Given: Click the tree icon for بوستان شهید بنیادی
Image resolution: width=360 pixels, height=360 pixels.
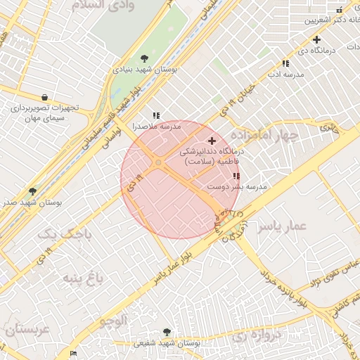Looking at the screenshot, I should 144,58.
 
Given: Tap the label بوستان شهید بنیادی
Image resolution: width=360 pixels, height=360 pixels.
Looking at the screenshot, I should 146,70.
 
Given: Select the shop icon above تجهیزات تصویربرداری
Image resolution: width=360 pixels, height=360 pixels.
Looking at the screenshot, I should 45,98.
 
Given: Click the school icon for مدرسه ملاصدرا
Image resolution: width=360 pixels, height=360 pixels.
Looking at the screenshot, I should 156,115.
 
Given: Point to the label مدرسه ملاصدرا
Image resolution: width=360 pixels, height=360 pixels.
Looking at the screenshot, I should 157,127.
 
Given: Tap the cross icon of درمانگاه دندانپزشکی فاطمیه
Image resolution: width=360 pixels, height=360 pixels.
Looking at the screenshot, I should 212,141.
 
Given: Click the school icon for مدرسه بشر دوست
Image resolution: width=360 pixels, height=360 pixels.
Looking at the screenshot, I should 236,176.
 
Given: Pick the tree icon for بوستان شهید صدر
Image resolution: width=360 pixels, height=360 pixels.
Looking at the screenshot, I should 32,191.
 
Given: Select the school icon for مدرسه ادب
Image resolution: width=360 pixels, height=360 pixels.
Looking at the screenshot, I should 285,63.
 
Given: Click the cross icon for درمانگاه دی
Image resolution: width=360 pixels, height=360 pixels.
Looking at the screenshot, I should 317,39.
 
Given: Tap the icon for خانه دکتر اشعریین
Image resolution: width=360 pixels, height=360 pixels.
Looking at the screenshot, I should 340,9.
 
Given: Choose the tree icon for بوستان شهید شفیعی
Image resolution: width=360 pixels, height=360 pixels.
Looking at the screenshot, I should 167,332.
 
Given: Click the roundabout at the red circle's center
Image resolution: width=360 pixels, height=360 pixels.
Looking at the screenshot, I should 159,163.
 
